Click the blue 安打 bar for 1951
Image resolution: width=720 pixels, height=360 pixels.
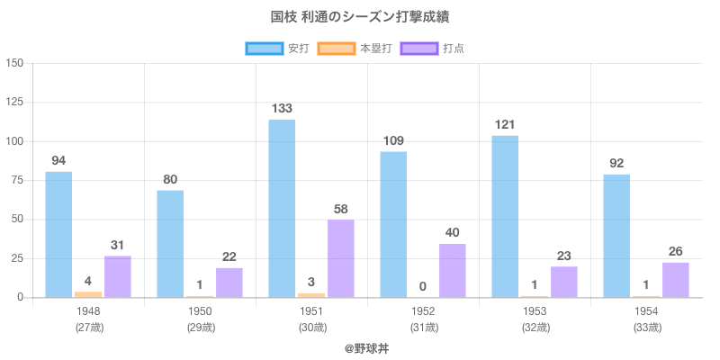[282, 209]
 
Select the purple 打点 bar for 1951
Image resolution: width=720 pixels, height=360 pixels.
[340, 258]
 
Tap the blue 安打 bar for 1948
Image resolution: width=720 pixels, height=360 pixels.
[58, 234]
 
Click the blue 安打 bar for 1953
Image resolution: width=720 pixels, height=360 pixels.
[505, 216]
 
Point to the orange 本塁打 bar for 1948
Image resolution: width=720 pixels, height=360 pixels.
[88, 293]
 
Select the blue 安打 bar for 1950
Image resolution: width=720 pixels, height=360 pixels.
[170, 243]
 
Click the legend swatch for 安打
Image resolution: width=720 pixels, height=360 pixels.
[265, 48]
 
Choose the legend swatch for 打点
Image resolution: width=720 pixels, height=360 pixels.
[419, 48]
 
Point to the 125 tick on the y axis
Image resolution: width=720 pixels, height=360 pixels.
[14, 103]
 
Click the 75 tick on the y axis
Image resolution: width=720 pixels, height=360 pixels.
[18, 181]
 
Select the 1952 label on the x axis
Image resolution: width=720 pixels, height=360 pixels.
[423, 311]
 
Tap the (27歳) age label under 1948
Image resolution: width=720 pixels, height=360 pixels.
[88, 328]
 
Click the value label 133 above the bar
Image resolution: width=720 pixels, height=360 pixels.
[282, 108]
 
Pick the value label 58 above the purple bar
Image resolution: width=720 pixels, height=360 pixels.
[340, 209]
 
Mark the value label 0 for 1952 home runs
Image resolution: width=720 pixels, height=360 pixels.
[423, 287]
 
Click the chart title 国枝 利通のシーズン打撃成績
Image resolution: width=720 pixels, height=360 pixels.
[360, 17]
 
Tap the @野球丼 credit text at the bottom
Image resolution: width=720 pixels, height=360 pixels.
[360, 348]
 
